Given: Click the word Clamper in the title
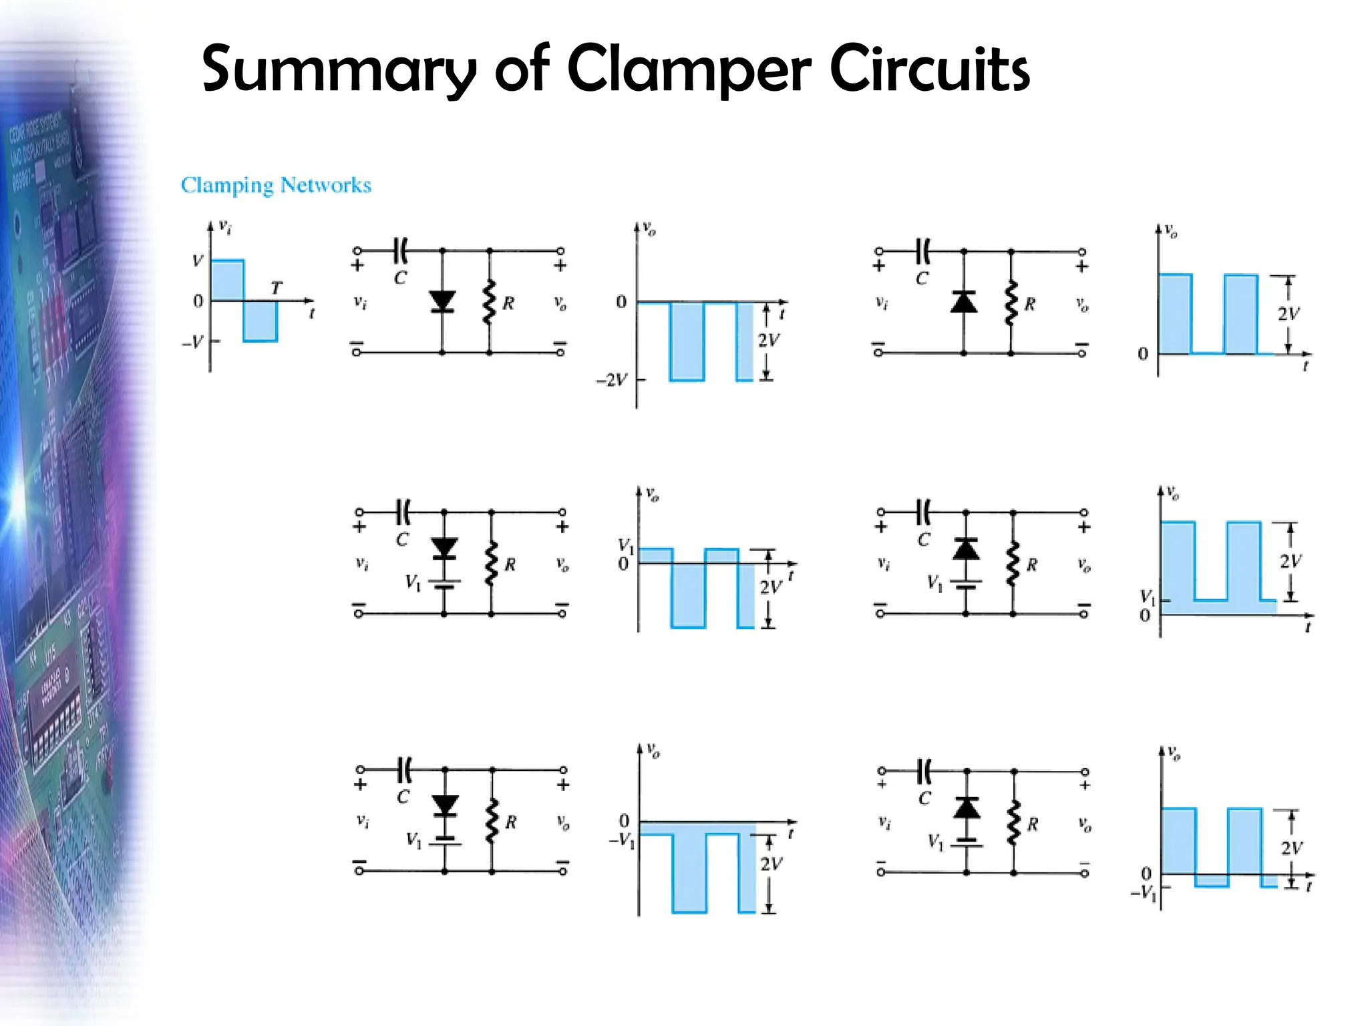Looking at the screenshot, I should pyautogui.click(x=688, y=70).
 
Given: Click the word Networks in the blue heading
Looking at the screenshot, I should pyautogui.click(x=326, y=185).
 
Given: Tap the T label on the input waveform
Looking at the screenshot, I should pyautogui.click(x=277, y=288).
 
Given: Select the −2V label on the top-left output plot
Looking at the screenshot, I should pyautogui.click(x=612, y=380).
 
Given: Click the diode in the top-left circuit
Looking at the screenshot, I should pyautogui.click(x=442, y=301).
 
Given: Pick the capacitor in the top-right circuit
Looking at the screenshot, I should pyautogui.click(x=923, y=252).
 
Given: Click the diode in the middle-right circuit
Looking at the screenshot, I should pyautogui.click(x=965, y=550).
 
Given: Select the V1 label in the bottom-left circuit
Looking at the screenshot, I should pyautogui.click(x=414, y=840).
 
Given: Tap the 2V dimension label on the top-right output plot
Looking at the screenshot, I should pyautogui.click(x=1289, y=314).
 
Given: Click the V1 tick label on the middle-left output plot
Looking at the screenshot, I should pyautogui.click(x=625, y=546).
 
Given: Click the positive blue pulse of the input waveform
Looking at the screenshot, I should pyautogui.click(x=227, y=280).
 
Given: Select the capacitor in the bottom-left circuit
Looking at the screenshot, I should pyautogui.click(x=404, y=769).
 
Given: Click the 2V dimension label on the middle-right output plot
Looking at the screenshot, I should pyautogui.click(x=1291, y=561).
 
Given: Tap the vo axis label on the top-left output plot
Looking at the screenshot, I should pyautogui.click(x=649, y=230).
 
